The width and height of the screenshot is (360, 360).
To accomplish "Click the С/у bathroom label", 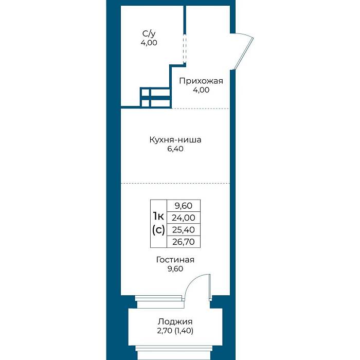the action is [x=149, y=34].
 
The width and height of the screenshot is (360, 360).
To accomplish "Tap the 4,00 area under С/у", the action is [x=149, y=43].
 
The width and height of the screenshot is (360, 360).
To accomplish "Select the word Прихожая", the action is [x=201, y=81].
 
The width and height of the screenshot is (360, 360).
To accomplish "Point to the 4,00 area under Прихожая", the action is [x=201, y=90].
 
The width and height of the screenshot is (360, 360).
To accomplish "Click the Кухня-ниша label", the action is [x=175, y=139].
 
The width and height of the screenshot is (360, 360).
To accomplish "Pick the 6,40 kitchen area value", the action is [x=175, y=149].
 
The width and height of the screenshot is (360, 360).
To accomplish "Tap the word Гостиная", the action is [x=175, y=260].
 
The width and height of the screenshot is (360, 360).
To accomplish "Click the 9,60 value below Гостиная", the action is [x=175, y=268].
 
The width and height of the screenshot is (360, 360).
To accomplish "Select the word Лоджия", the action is [x=175, y=321].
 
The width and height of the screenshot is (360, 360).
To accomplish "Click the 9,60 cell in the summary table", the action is [x=184, y=206].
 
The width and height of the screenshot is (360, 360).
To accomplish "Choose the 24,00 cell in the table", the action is [x=184, y=218].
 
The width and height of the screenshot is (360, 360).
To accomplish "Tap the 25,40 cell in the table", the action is [x=184, y=229].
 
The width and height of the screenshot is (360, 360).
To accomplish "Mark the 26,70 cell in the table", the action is [x=184, y=242].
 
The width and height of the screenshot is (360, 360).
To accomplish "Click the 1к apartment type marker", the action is [x=158, y=216].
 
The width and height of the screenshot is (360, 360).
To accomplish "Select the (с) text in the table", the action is [x=158, y=230].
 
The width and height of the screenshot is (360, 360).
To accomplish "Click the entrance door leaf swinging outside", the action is [x=243, y=53].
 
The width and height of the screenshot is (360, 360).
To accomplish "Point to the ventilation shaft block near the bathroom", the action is [x=156, y=97].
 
